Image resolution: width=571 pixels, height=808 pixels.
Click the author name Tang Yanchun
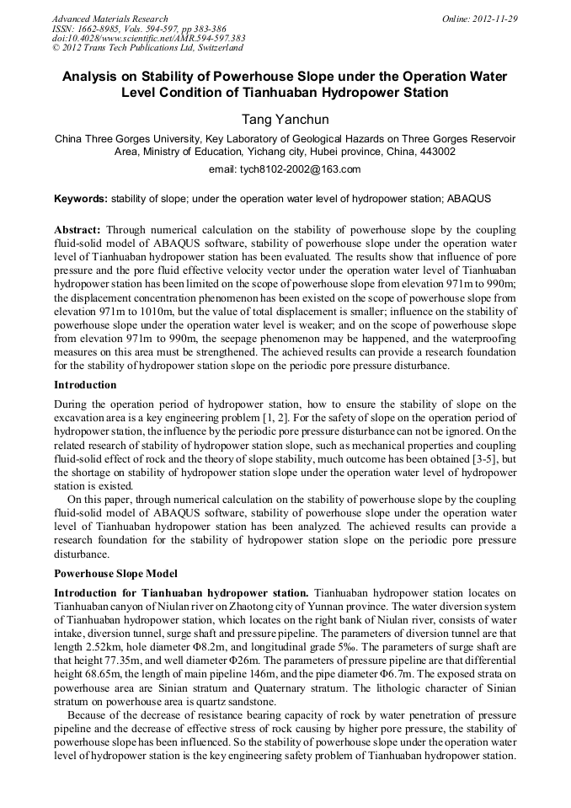[x=285, y=120]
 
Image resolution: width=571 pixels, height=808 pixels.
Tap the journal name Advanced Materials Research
[x=109, y=19]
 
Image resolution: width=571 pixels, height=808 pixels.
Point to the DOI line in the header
[x=148, y=39]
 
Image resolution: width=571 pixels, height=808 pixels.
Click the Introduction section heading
[x=85, y=385]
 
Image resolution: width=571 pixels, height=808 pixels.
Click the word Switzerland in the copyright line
[x=215, y=49]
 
